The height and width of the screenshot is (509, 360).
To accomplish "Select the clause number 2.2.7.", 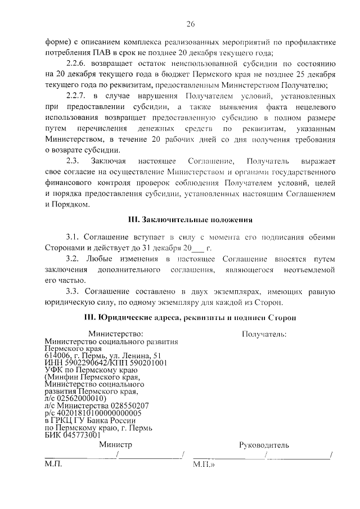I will point(77,96).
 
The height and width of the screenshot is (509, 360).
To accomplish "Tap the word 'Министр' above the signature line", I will point(115,444).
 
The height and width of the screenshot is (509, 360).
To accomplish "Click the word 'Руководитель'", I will point(264,445).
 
